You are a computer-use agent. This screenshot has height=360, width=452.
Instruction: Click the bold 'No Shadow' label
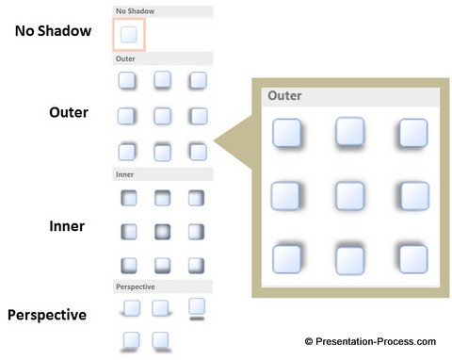point(53,31)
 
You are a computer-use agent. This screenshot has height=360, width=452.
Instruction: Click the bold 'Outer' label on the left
point(69,113)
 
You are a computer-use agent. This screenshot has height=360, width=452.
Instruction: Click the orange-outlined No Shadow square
point(129,35)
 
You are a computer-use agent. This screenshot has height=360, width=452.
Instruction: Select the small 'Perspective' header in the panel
point(135,286)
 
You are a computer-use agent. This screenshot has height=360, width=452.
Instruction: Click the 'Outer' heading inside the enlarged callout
point(284,95)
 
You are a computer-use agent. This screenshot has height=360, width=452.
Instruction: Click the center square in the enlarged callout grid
point(349,196)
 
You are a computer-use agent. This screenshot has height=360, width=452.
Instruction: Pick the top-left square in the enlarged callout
point(286,133)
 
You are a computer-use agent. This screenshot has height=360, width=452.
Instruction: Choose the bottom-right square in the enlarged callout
point(412,258)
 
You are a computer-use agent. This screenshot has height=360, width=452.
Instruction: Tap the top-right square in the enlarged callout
point(412,133)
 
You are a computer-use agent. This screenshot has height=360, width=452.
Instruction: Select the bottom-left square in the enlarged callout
point(286,258)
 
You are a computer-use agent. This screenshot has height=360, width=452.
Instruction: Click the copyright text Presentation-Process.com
point(369,341)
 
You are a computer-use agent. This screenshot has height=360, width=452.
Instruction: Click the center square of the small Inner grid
point(162,231)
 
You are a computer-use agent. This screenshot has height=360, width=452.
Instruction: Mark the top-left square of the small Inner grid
point(129,198)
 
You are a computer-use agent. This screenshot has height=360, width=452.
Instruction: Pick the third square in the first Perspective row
point(196,306)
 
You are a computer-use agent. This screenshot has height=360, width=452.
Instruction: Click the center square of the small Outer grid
point(162,116)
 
